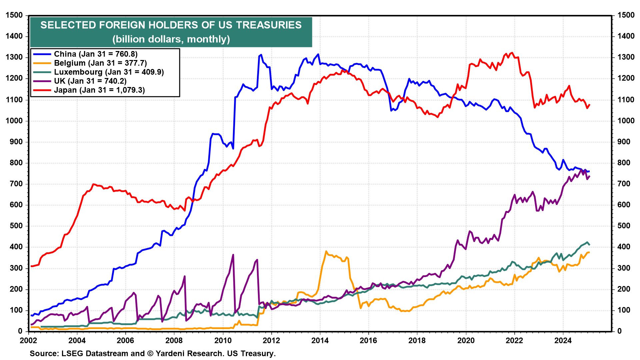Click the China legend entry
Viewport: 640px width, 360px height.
point(96,54)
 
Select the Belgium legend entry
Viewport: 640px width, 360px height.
point(100,63)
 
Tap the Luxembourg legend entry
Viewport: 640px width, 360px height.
point(109,72)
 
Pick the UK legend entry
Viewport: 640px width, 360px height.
point(90,81)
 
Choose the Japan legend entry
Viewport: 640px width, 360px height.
point(99,90)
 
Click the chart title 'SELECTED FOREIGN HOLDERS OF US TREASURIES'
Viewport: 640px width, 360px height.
point(171,25)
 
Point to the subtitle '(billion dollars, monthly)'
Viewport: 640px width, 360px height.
point(171,39)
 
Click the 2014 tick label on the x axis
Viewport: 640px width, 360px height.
point(320,340)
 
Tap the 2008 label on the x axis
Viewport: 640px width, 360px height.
point(174,340)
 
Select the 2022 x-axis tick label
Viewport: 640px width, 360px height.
point(514,340)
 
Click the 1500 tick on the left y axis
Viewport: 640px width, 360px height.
point(14,15)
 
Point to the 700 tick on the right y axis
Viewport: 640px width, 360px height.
point(624,184)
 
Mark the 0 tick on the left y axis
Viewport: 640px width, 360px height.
point(20,331)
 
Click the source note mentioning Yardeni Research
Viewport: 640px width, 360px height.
point(153,353)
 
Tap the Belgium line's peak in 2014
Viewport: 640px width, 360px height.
point(326,251)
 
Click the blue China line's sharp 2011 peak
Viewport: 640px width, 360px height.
point(261,55)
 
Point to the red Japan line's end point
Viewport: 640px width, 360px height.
point(589,105)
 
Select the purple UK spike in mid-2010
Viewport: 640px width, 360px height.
point(233,255)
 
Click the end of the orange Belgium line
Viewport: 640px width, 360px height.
point(589,252)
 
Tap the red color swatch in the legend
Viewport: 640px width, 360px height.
point(42,90)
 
